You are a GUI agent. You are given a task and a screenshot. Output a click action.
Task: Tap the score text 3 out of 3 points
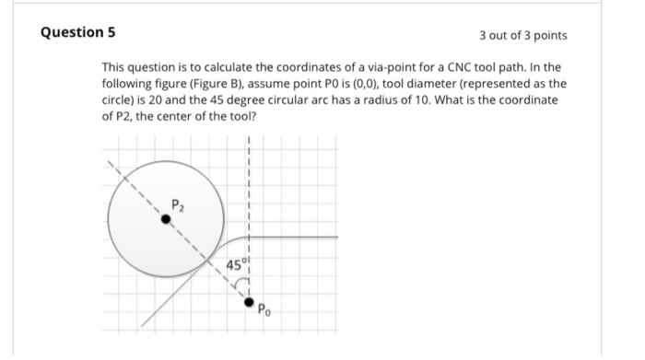[522, 35]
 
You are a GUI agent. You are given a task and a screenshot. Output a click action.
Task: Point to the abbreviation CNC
[452, 68]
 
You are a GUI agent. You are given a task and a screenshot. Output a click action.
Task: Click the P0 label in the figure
[264, 308]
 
